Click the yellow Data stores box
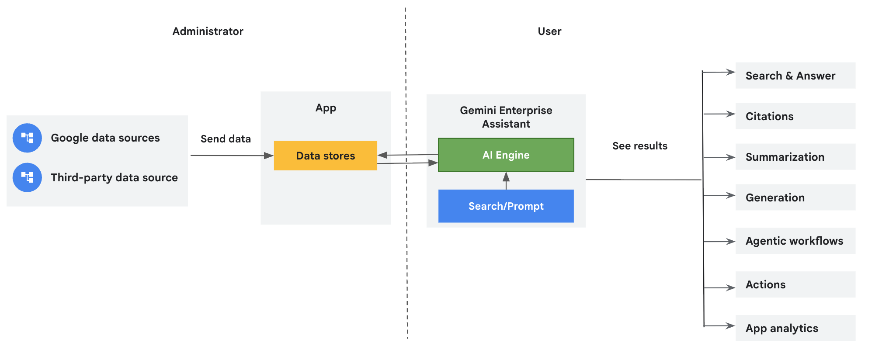pos(325,156)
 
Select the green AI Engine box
pos(506,155)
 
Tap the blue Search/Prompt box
pos(506,206)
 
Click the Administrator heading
pos(208,31)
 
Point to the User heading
pos(549,31)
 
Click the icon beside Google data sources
pos(27,138)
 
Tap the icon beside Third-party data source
pos(27,177)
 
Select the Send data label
pos(226,139)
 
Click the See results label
pos(639,146)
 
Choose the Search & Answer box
pos(795,76)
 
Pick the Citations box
pos(795,116)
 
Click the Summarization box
pos(795,157)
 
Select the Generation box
pos(795,197)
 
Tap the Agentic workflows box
pos(795,241)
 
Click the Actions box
pos(795,284)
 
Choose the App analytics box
pos(795,328)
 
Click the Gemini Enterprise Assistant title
pos(506,117)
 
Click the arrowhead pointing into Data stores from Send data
pos(269,156)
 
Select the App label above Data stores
pos(326,108)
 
